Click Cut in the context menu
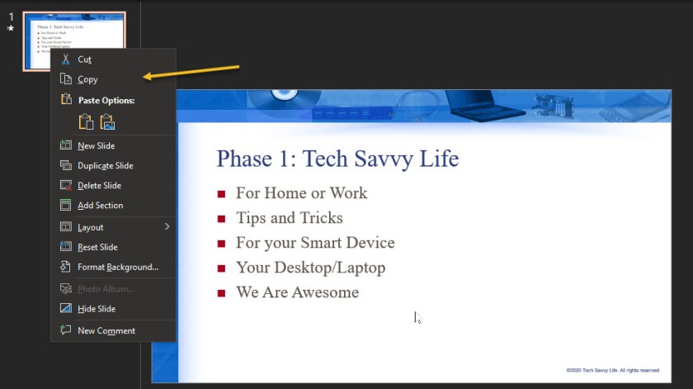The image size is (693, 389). pos(84,59)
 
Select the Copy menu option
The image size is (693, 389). pos(87,79)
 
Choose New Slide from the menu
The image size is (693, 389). pos(96,146)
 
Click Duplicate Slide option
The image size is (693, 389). pos(105,166)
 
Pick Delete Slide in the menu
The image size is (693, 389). pos(99,186)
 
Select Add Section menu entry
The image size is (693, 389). pos(100,206)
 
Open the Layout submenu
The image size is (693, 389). pos(91,227)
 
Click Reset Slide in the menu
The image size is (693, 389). pos(97,247)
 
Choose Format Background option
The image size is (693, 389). pos(117,267)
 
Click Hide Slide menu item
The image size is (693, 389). pos(97,309)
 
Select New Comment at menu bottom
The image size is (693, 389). pos(106,331)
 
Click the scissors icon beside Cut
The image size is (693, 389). pos(66,59)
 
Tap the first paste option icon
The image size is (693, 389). pos(86,122)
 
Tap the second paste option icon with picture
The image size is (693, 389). pos(107,122)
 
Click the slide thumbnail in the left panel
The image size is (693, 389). pos(74,41)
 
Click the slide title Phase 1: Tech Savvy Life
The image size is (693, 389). pos(337,158)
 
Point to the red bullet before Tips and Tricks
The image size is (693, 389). pos(221,219)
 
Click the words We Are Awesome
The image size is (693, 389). pos(297,292)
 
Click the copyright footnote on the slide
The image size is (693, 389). pos(612,370)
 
